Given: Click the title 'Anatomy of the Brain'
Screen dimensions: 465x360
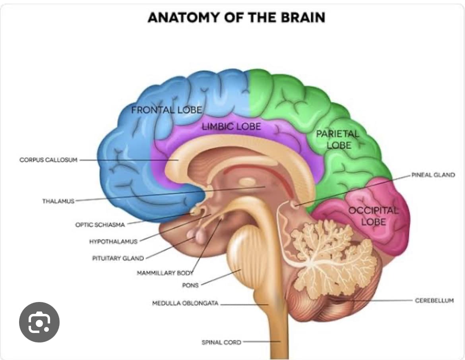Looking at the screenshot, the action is (236, 17).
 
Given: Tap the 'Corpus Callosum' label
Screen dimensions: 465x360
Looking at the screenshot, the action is (48, 160).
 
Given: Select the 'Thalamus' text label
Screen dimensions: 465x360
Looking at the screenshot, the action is (58, 201).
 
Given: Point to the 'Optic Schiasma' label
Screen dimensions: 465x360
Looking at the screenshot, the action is (100, 225).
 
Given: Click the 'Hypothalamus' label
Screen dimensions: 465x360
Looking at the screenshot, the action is (113, 242).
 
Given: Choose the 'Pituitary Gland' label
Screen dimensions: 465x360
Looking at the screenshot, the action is (118, 258).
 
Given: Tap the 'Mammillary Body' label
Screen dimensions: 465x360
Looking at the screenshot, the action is (165, 273).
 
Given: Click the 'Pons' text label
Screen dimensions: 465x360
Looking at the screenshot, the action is (190, 285).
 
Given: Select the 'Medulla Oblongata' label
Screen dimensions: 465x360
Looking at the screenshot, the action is (185, 303).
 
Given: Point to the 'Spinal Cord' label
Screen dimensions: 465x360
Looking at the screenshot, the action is (221, 342).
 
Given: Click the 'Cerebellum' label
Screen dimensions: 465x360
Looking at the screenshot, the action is (434, 300).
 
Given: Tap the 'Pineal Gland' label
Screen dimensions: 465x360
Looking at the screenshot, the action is (433, 175).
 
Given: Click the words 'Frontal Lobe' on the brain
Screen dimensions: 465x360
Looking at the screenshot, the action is (167, 110).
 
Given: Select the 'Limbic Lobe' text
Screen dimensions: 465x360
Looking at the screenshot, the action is (231, 127).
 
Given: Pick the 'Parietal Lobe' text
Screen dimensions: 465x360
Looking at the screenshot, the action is (338, 139).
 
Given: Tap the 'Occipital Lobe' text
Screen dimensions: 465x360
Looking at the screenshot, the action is (373, 216).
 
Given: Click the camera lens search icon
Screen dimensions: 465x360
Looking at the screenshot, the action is (39, 322).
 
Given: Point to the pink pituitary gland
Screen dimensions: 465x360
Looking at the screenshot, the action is (197, 235).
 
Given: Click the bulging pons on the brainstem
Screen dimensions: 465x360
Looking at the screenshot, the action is (245, 252).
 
